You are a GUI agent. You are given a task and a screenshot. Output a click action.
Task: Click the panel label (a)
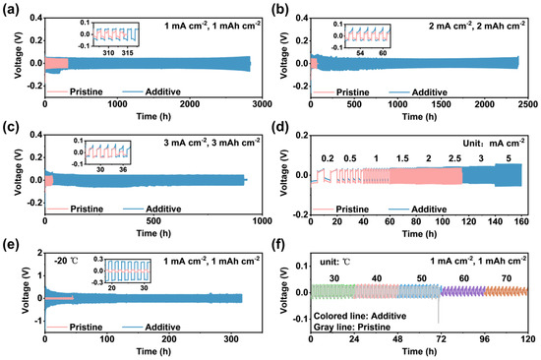click(x=11, y=8)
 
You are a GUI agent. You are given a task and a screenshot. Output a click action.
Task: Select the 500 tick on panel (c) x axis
click(x=149, y=220)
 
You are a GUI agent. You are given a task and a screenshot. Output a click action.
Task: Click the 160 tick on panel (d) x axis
click(x=522, y=220)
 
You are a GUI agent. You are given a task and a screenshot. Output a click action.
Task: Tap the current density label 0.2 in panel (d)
click(x=327, y=157)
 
